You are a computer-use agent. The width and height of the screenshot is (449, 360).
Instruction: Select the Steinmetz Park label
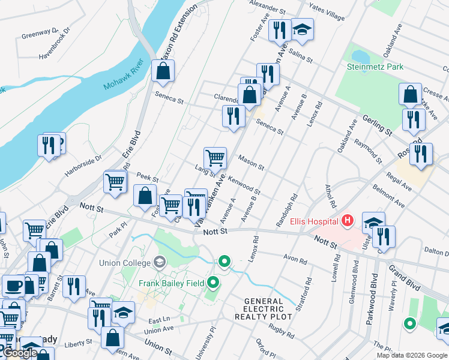click(x=375, y=67)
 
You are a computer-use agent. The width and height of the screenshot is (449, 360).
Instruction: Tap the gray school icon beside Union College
click(x=160, y=262)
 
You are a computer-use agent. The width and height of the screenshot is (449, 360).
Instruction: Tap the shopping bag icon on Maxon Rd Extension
click(x=163, y=71)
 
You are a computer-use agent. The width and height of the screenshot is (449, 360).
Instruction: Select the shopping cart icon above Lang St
click(x=215, y=158)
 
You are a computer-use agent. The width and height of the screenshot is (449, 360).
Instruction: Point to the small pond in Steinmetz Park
click(x=360, y=56)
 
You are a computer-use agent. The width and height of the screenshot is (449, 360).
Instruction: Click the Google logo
click(x=19, y=353)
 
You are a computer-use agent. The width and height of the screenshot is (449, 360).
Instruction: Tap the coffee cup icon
click(x=13, y=286)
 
